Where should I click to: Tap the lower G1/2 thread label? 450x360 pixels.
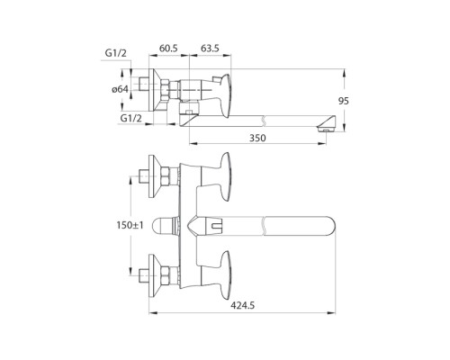[131, 117]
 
